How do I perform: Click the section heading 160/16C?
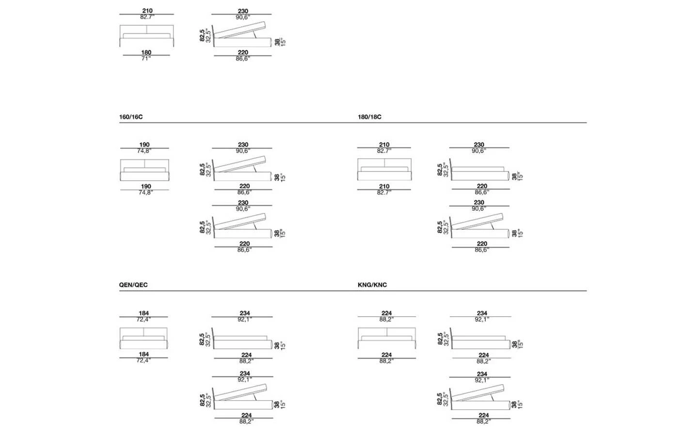[x=131, y=117]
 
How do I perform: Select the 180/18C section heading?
[x=369, y=117]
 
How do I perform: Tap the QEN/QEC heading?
[x=133, y=285]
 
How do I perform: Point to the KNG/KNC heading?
[x=372, y=285]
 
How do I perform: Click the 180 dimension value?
[x=146, y=52]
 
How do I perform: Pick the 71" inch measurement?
[x=146, y=58]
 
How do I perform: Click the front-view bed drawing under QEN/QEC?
[x=144, y=338]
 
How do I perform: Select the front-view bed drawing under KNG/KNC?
[x=387, y=338]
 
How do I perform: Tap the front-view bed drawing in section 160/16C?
[x=144, y=170]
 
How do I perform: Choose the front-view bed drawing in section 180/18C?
[x=384, y=170]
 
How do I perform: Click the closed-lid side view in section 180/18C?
[x=480, y=172]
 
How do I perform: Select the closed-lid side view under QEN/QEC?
[x=242, y=341]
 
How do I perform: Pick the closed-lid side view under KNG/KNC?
[x=480, y=341]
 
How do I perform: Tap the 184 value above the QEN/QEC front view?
[x=144, y=313]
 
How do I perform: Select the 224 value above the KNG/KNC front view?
[x=386, y=313]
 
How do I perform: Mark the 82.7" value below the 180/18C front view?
[x=384, y=192]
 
